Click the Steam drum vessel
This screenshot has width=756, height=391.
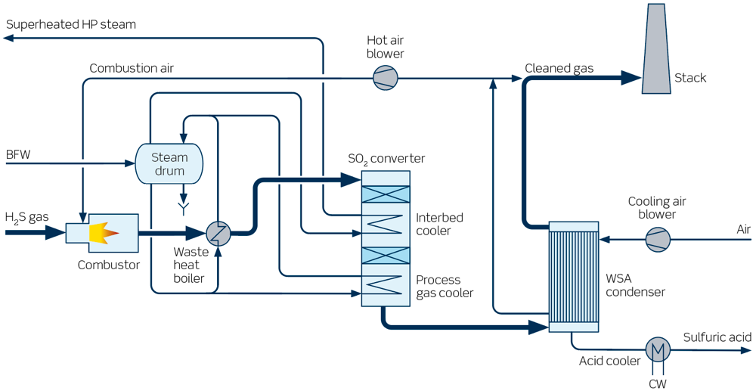point(169,163)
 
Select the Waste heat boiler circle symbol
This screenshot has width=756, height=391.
point(218,233)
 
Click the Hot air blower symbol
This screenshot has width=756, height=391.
point(385,78)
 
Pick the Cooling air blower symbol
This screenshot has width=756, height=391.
point(657,240)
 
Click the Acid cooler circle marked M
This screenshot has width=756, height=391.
point(657,349)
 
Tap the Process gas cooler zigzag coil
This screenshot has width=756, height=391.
point(386,286)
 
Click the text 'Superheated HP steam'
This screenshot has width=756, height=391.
point(71,24)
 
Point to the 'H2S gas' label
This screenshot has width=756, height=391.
point(27,218)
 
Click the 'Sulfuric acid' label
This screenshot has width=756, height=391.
point(717,337)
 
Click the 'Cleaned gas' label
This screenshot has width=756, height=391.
point(559,69)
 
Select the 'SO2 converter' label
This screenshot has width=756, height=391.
point(386,159)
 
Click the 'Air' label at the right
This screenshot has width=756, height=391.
point(744,228)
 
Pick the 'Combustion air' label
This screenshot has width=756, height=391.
point(132,69)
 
